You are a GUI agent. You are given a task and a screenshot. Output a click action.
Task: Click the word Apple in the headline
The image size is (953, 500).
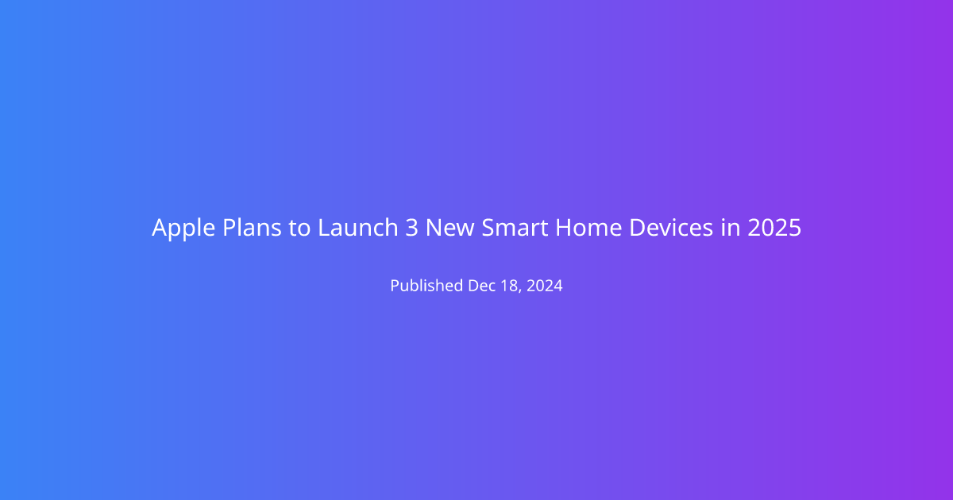pyautogui.click(x=183, y=229)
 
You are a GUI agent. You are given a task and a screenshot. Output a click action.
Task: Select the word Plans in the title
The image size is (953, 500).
pyautogui.click(x=252, y=227)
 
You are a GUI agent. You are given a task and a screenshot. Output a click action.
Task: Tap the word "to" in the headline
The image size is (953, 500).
pyautogui.click(x=299, y=228)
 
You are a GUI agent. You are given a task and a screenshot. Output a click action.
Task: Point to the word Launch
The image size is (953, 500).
pyautogui.click(x=358, y=227)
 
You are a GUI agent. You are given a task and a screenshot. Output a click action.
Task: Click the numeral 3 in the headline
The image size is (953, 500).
pyautogui.click(x=411, y=228)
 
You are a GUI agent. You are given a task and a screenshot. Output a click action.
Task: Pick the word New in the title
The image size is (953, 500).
pyautogui.click(x=449, y=228)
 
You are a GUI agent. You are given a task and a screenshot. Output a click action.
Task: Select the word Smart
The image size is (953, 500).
pyautogui.click(x=515, y=228)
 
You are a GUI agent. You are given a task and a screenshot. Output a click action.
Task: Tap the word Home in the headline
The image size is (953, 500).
pyautogui.click(x=588, y=228)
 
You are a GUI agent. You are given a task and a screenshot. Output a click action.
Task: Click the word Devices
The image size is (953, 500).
pyautogui.click(x=671, y=227)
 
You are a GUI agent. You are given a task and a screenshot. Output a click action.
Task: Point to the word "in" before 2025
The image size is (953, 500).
pyautogui.click(x=731, y=227)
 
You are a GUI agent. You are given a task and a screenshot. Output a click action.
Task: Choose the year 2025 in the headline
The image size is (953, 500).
pyautogui.click(x=774, y=228)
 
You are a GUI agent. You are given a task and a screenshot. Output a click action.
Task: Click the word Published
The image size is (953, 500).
pyautogui.click(x=426, y=285)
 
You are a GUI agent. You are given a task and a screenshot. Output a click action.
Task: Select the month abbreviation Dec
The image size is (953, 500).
pyautogui.click(x=481, y=286)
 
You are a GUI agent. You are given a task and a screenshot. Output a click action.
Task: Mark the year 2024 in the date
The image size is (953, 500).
pyautogui.click(x=545, y=286)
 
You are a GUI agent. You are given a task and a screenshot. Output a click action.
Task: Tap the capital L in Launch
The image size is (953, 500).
pyautogui.click(x=324, y=228)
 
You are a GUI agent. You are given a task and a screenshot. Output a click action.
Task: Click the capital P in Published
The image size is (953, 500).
pyautogui.click(x=395, y=286)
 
